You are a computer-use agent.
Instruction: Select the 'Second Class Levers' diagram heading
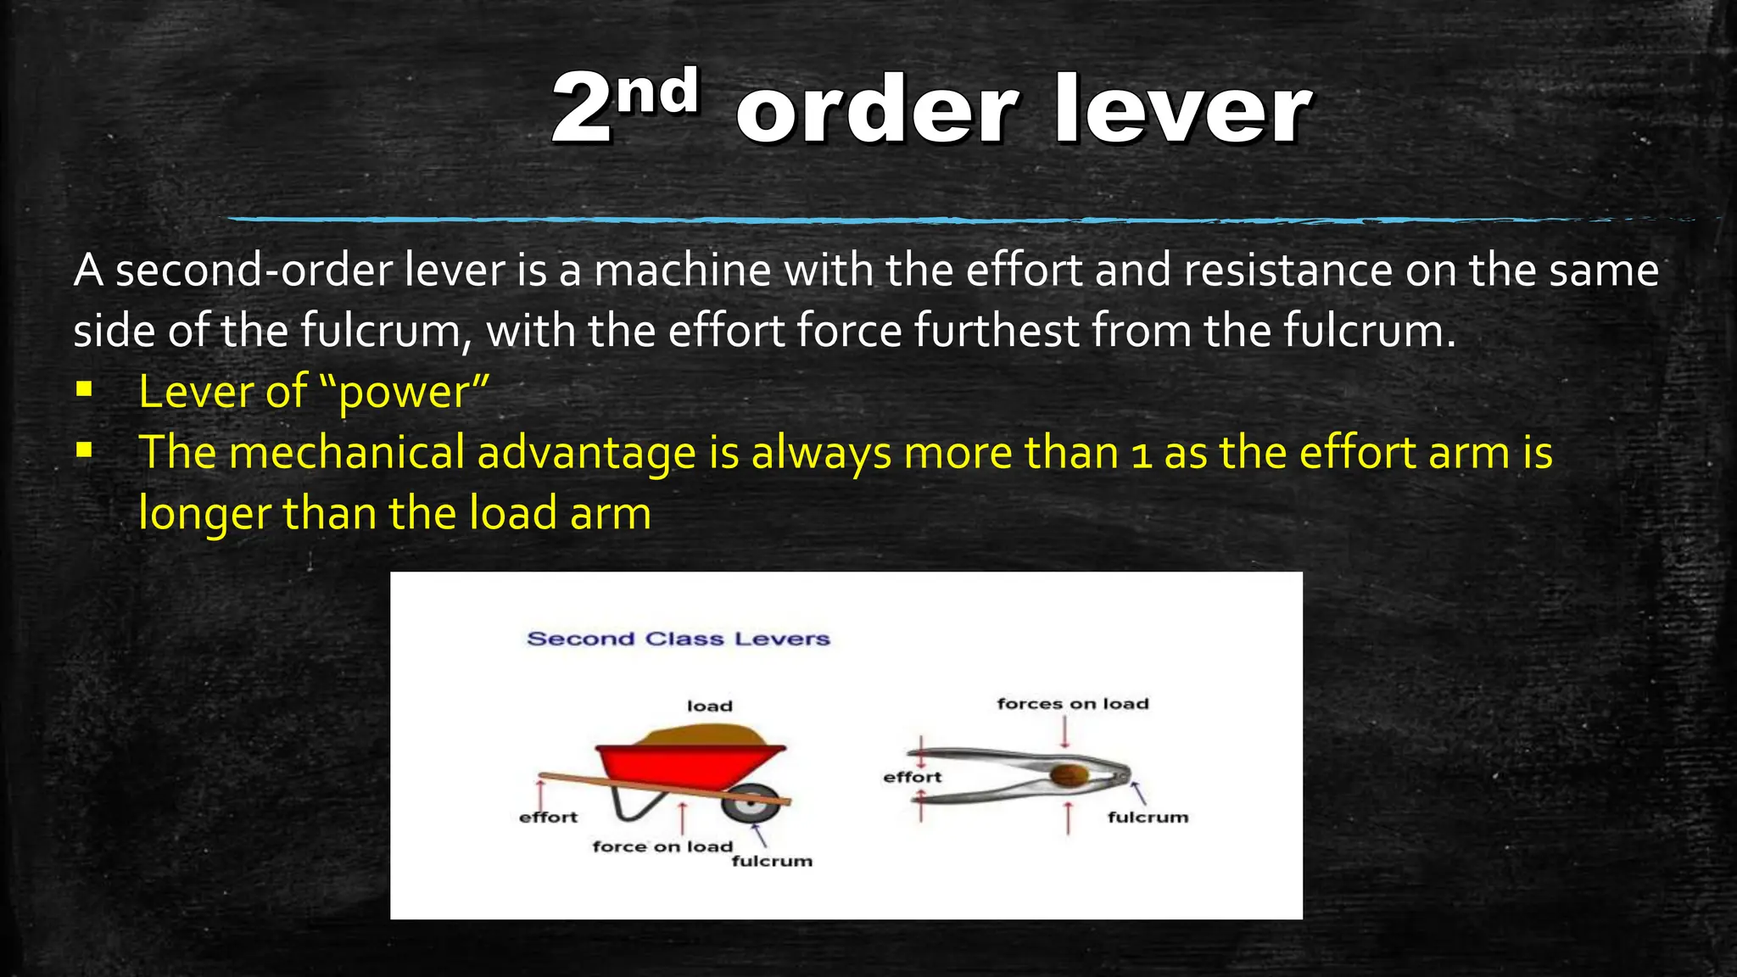(679, 639)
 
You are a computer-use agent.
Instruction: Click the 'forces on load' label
(1073, 704)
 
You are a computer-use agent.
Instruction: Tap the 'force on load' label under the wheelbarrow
(662, 846)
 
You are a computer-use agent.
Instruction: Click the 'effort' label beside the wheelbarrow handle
(548, 818)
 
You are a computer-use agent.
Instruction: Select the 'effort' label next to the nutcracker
(913, 777)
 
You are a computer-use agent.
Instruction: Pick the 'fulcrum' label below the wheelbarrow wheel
(772, 862)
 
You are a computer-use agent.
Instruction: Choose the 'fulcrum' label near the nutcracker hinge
(1148, 818)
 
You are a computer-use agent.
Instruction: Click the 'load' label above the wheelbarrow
(710, 706)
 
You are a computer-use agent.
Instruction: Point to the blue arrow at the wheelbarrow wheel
(759, 835)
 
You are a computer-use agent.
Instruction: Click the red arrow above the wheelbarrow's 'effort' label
(540, 795)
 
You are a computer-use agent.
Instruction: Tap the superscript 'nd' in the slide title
(657, 91)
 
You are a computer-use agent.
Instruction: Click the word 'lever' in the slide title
(1182, 110)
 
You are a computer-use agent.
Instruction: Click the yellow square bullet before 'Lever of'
(83, 391)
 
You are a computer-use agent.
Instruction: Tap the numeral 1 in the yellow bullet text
(1142, 454)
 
